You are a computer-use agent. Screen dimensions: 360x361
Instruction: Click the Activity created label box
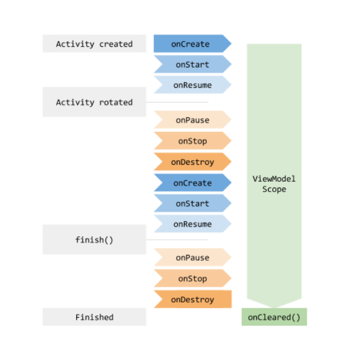coord(94,44)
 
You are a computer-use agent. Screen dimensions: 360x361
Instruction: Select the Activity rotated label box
coord(94,102)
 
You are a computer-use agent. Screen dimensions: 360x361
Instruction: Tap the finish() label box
coord(94,240)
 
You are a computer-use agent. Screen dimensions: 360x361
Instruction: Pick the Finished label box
coord(94,317)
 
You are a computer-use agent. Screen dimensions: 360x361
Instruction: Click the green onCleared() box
coord(274,317)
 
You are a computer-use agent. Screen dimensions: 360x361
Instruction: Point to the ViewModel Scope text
coord(274,184)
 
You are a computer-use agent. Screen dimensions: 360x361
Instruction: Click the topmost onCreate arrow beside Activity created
coord(193,44)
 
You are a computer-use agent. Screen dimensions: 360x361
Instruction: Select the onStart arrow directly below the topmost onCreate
coord(193,64)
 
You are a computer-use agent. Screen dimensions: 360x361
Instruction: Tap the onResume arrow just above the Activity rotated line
coord(193,85)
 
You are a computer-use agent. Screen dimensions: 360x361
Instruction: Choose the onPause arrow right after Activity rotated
coord(193,120)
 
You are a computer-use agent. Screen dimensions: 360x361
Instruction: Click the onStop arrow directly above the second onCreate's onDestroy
coord(193,141)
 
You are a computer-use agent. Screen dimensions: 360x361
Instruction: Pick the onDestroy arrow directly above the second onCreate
coord(193,162)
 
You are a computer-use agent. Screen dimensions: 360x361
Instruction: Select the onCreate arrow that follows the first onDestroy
coord(193,183)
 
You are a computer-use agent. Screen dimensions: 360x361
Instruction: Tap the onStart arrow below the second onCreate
coord(193,203)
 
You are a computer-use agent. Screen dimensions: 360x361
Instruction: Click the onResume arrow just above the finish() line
coord(193,224)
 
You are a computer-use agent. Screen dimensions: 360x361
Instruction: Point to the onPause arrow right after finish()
coord(193,257)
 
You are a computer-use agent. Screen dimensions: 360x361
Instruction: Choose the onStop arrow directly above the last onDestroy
coord(193,278)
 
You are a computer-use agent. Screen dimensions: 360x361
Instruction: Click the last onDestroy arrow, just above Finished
coord(193,299)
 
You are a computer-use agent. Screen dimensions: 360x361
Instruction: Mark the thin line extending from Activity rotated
coord(177,102)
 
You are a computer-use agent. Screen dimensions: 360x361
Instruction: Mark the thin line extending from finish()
coord(177,240)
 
